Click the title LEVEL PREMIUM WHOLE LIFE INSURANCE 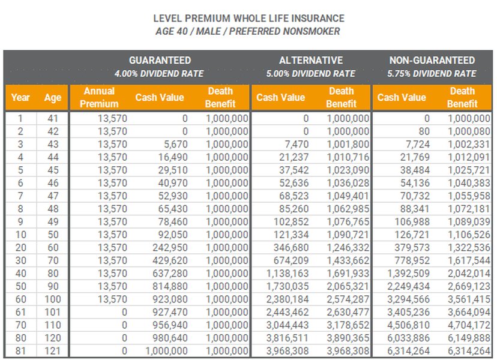[248, 19]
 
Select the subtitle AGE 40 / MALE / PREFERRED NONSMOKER [248, 31]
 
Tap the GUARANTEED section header [160, 61]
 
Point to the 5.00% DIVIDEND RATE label [310, 74]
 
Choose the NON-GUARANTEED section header [432, 61]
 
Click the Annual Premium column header [99, 97]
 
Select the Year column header [20, 98]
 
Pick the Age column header [52, 98]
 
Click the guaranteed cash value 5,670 [174, 145]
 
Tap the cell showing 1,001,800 [348, 145]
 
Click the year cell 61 [20, 312]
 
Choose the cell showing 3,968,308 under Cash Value [288, 352]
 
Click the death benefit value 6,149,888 [469, 338]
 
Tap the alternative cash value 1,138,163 [288, 274]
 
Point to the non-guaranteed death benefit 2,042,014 [469, 274]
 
